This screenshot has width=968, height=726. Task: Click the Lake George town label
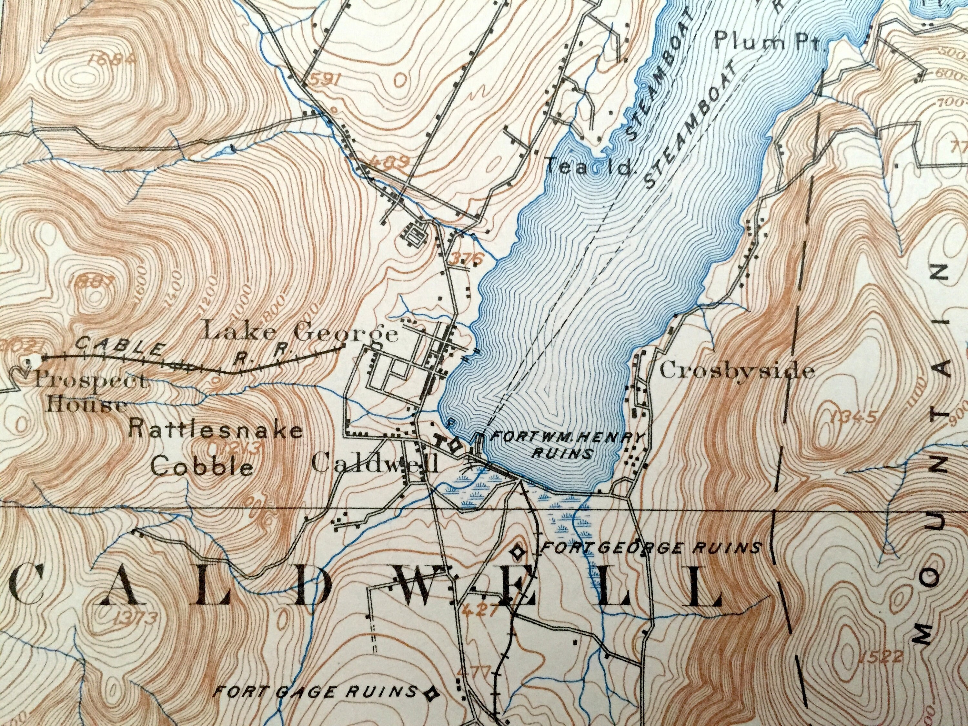pos(301,333)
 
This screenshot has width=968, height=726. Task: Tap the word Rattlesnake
pos(216,431)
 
